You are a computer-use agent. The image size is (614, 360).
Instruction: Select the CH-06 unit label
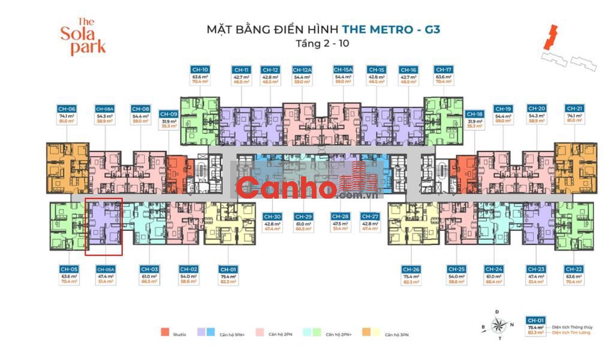coord(66,108)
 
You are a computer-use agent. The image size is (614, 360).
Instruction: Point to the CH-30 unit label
coord(272,216)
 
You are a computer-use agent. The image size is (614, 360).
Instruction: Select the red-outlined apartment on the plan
coord(104,227)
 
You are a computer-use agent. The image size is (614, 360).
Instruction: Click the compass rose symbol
coord(497,325)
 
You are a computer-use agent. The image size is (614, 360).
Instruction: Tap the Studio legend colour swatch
coord(164,333)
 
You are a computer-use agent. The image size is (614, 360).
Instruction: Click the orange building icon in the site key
coord(547,37)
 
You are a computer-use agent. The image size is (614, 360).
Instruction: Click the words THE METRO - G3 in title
coord(391,29)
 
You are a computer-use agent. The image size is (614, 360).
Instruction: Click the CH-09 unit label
coord(168,114)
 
